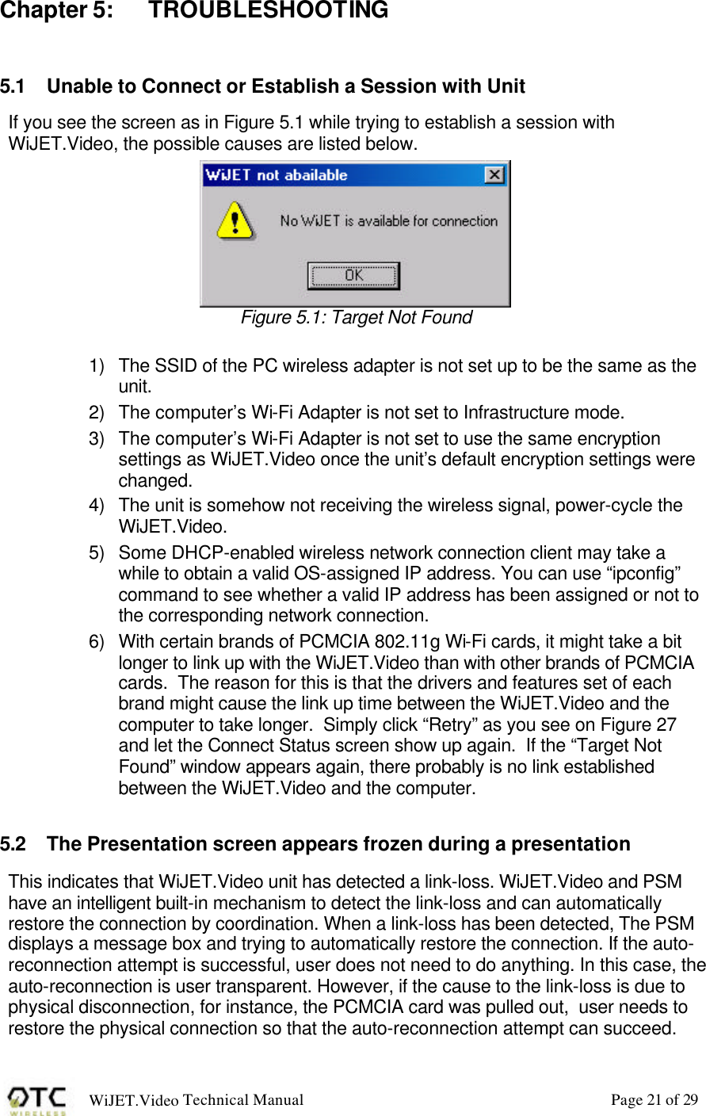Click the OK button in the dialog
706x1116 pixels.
[x=353, y=276]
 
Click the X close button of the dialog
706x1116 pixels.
[x=494, y=175]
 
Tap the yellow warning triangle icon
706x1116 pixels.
[x=235, y=220]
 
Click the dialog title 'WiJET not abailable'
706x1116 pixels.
[x=277, y=175]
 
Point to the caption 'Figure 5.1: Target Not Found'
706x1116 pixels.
[x=356, y=318]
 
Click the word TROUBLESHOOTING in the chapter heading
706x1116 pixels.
[x=269, y=11]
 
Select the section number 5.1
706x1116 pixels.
[x=13, y=86]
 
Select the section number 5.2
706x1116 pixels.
[x=13, y=844]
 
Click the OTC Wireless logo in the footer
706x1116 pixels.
[x=37, y=1100]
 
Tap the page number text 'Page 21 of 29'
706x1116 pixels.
[x=654, y=1099]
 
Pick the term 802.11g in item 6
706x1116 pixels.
[x=395, y=642]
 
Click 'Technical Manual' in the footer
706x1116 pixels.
[x=242, y=1099]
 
